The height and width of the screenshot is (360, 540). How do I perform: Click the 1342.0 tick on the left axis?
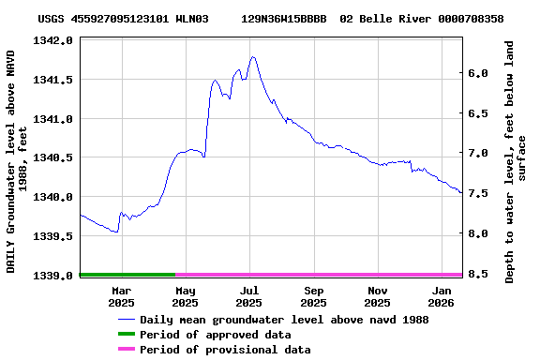pyautogui.click(x=53, y=41)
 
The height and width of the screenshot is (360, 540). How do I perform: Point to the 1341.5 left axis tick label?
pyautogui.click(x=53, y=80)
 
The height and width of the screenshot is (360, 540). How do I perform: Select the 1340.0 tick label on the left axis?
pyautogui.click(x=53, y=197)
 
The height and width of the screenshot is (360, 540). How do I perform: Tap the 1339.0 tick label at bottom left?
pyautogui.click(x=53, y=276)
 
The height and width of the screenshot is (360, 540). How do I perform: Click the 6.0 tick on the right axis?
pyautogui.click(x=476, y=74)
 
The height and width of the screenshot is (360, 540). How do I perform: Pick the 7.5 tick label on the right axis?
pyautogui.click(x=476, y=194)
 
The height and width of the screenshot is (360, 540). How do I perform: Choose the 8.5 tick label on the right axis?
pyautogui.click(x=476, y=274)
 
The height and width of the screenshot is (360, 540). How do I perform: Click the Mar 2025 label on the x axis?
pyautogui.click(x=121, y=296)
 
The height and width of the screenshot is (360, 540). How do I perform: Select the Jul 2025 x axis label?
pyautogui.click(x=249, y=296)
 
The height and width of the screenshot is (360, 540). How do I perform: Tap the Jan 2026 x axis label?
pyautogui.click(x=441, y=296)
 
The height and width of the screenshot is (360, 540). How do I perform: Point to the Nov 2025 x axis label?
pyautogui.click(x=377, y=296)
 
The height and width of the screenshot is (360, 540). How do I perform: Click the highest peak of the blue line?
pyautogui.click(x=253, y=57)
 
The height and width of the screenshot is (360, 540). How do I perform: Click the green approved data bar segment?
pyautogui.click(x=127, y=275)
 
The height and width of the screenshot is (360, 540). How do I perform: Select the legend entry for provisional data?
pyautogui.click(x=224, y=350)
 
